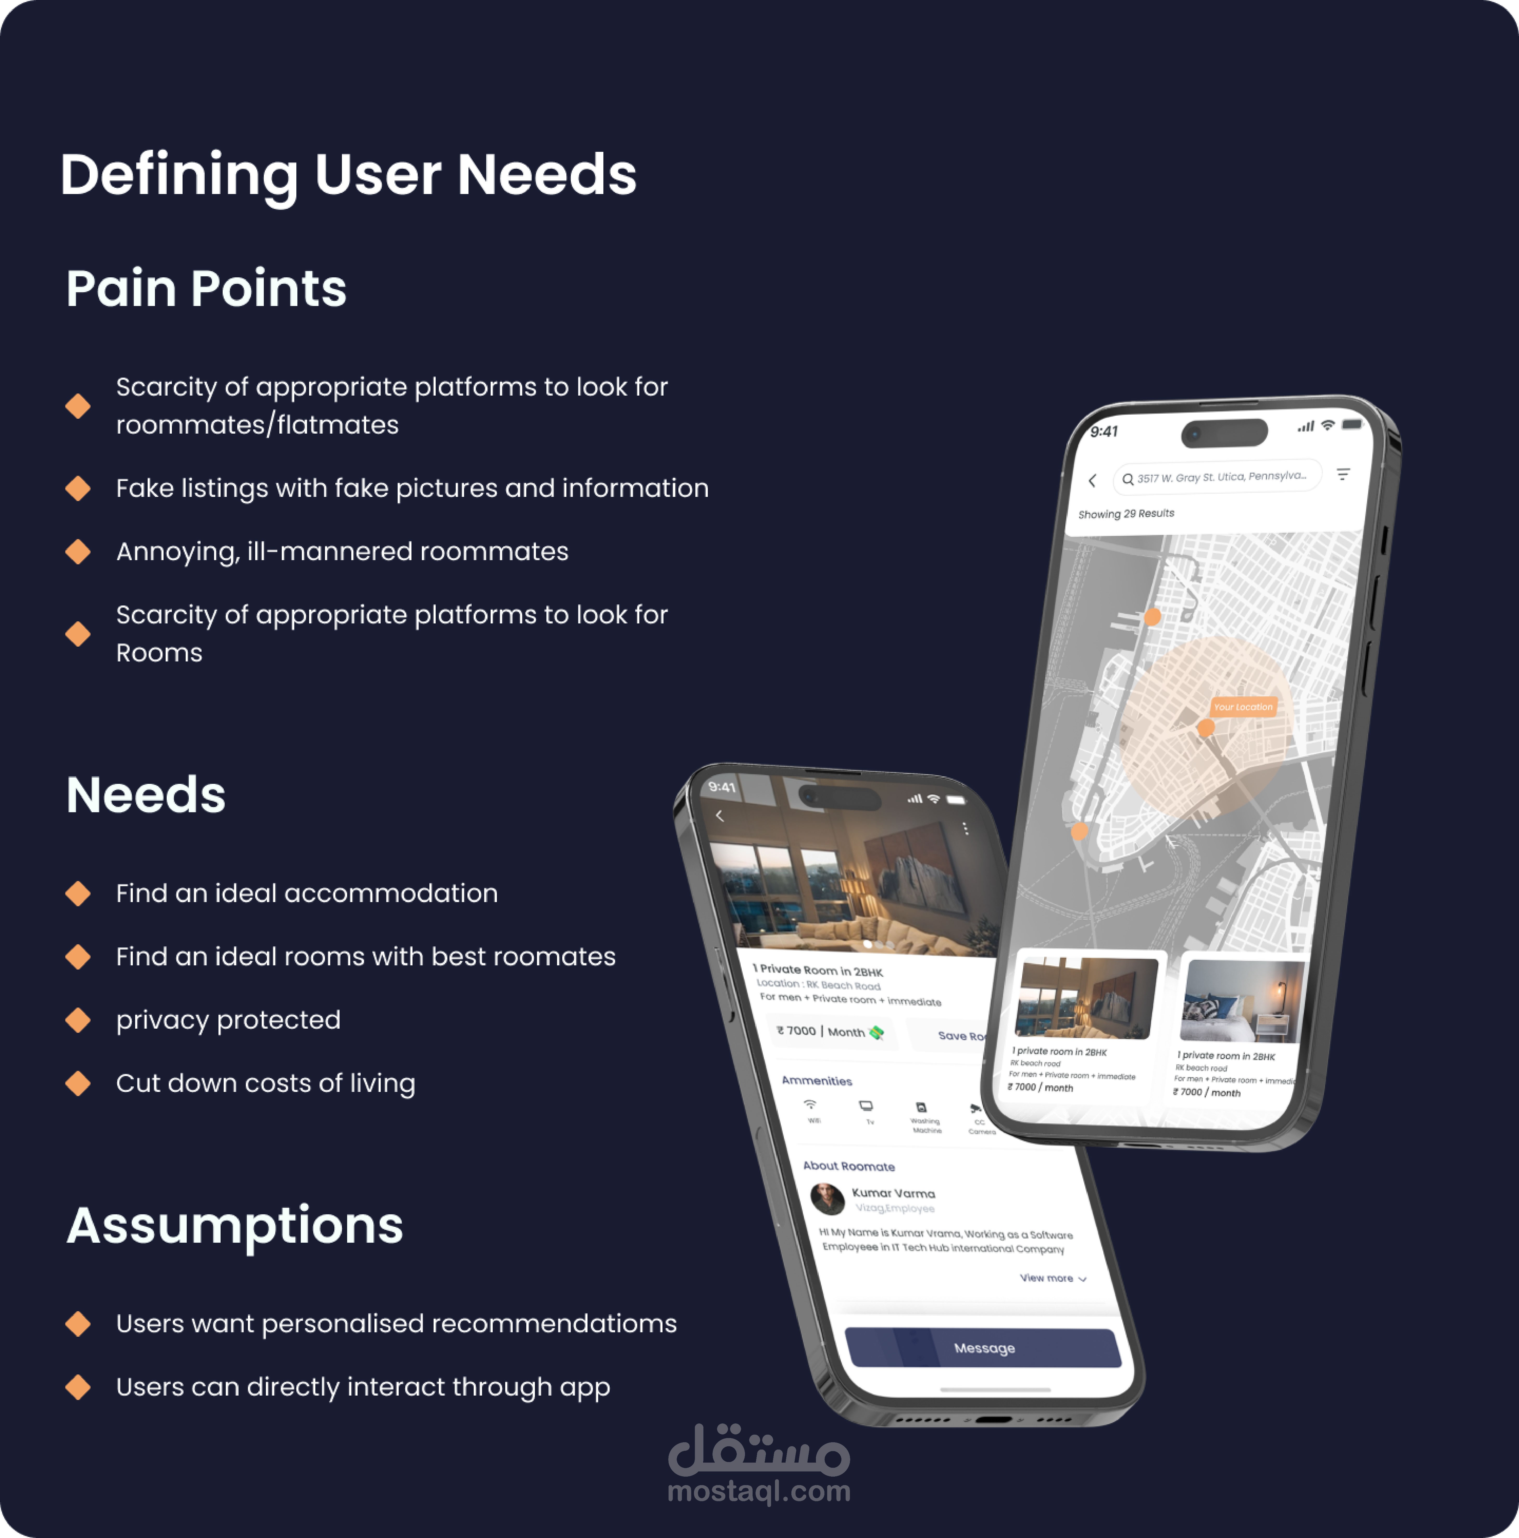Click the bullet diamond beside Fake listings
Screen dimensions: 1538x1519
pos(78,488)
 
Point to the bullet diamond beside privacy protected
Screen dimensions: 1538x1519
pos(78,1020)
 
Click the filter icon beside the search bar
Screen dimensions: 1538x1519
pos(1343,474)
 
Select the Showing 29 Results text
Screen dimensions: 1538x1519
pos(1126,514)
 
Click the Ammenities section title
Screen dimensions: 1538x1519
pos(817,1080)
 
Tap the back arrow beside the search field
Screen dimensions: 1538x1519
pos(1092,480)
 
